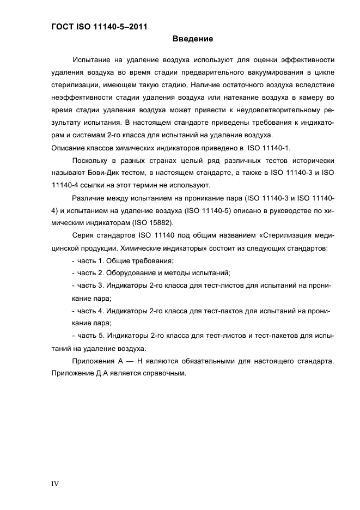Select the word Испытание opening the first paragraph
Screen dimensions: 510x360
(x=93, y=59)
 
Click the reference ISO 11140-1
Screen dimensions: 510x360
(x=270, y=147)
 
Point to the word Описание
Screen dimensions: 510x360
(x=68, y=147)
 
